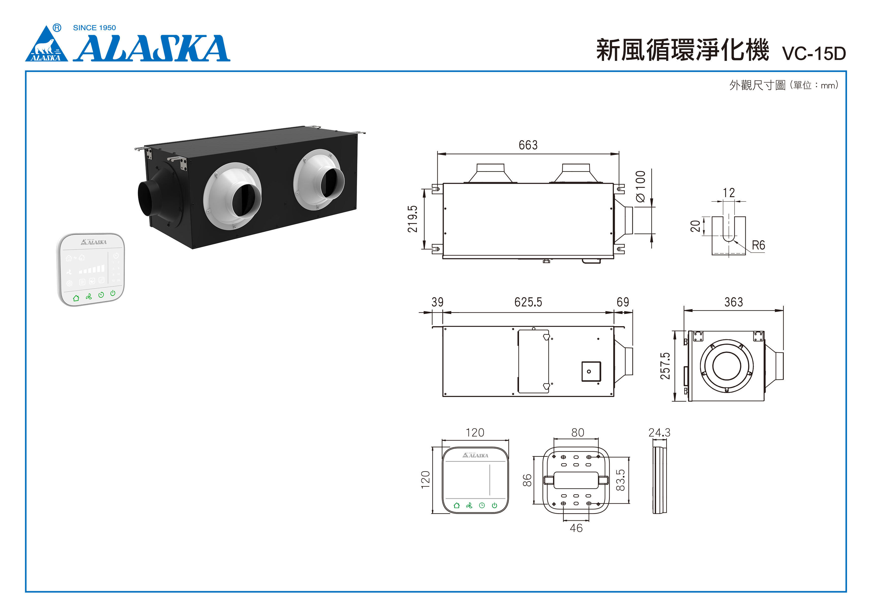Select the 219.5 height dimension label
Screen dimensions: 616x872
pyautogui.click(x=412, y=219)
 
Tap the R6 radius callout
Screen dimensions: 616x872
pyautogui.click(x=758, y=245)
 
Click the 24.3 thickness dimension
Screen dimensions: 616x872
pyautogui.click(x=659, y=432)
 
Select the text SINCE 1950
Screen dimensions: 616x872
pyautogui.click(x=94, y=28)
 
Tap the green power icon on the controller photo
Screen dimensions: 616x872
pyautogui.click(x=113, y=293)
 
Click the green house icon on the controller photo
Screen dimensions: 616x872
pyautogui.click(x=76, y=298)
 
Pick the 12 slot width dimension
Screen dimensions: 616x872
pyautogui.click(x=728, y=193)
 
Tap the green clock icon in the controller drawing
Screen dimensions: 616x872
pyautogui.click(x=481, y=505)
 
